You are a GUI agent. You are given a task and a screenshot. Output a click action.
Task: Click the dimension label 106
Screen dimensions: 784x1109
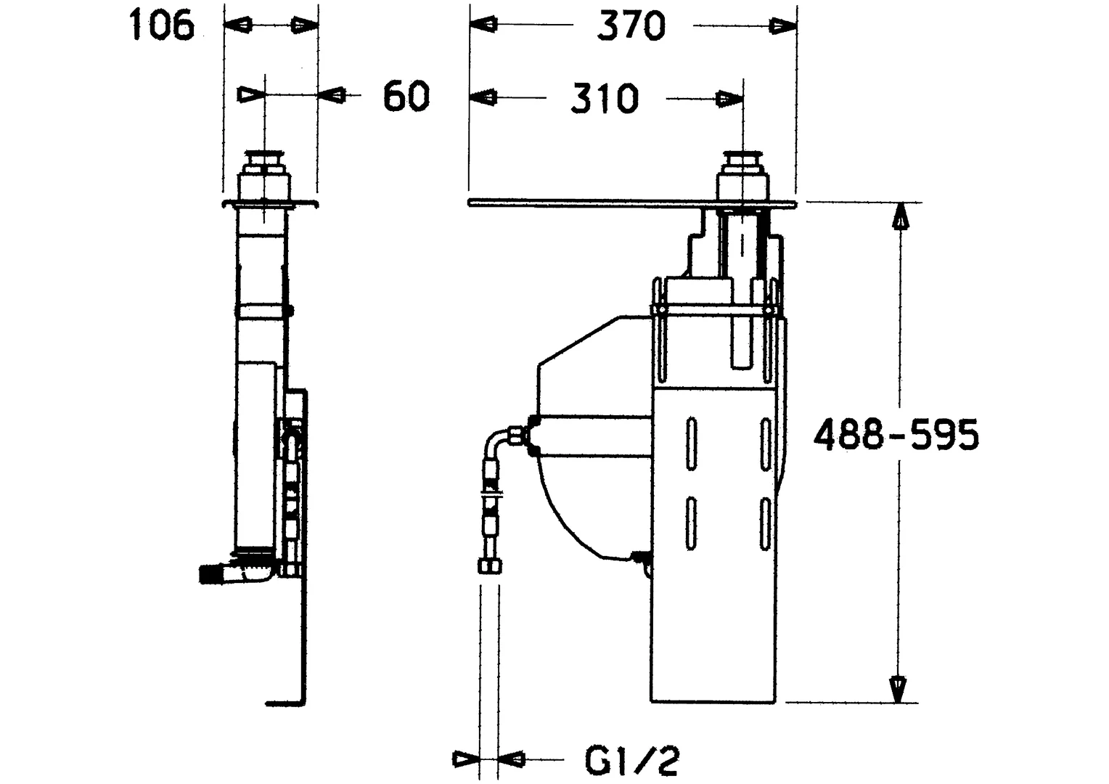pyautogui.click(x=162, y=27)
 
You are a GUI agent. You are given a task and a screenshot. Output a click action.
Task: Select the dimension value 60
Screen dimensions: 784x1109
pyautogui.click(x=406, y=96)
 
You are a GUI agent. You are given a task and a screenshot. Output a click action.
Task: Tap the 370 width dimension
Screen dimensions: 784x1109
pyautogui.click(x=631, y=27)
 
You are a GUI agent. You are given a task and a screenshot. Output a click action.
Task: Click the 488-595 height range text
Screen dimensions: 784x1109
pyautogui.click(x=896, y=436)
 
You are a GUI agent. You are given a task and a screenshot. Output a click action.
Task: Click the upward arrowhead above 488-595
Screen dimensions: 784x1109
pyautogui.click(x=899, y=216)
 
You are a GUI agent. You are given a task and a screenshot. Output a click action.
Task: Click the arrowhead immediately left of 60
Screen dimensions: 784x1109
pyautogui.click(x=335, y=95)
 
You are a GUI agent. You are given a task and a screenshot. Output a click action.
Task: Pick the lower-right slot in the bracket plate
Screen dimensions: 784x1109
pyautogui.click(x=764, y=523)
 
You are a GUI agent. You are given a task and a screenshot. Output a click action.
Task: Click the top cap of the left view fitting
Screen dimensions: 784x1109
pyautogui.click(x=265, y=158)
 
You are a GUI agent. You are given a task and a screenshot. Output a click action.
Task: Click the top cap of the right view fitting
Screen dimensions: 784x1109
pyautogui.click(x=742, y=158)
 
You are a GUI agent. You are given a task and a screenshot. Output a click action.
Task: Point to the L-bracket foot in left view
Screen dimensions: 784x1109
pyautogui.click(x=285, y=703)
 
